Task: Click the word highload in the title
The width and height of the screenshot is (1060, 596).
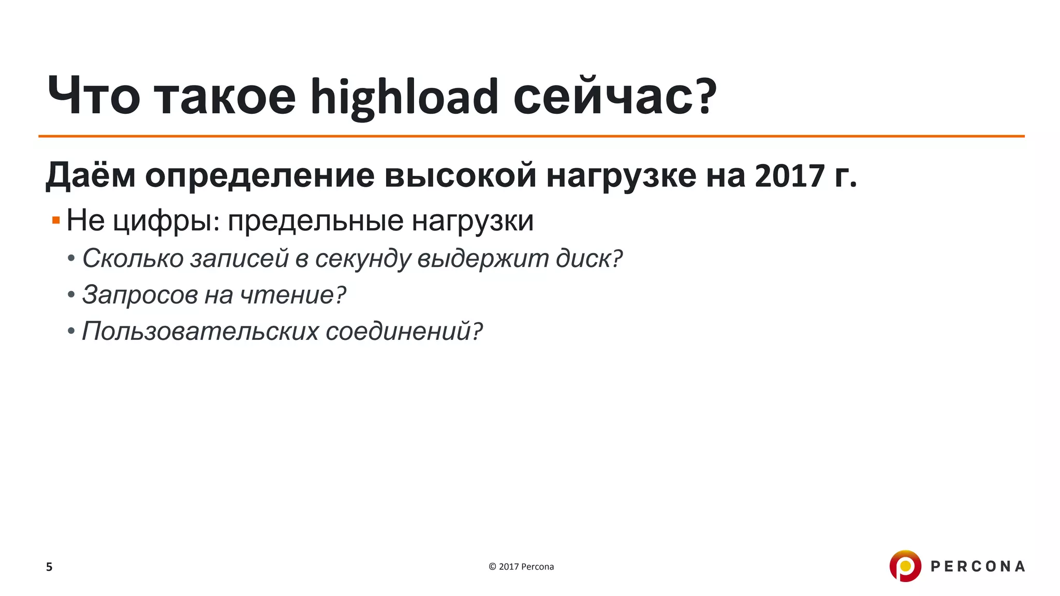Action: coord(404,97)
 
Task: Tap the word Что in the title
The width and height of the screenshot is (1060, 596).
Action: coord(94,97)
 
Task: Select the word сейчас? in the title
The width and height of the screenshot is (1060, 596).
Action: coord(615,97)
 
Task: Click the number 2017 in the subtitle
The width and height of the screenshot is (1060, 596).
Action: coord(789,176)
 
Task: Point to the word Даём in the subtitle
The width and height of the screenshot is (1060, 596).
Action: coord(91,176)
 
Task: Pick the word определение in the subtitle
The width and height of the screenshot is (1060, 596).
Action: coord(260,176)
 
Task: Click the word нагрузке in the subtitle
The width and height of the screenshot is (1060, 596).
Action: coord(621,176)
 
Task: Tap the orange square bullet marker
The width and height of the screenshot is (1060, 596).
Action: coord(56,221)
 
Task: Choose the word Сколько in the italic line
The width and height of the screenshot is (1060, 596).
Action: coord(133,258)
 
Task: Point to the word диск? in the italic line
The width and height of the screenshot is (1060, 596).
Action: coord(589,258)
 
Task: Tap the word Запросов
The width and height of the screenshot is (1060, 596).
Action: coord(140,295)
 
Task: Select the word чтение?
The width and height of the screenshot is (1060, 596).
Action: coord(293,295)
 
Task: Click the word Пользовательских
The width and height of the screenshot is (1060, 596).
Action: coord(200,331)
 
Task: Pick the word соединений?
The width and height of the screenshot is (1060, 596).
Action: coord(404,331)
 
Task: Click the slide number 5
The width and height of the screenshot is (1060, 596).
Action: coord(49,567)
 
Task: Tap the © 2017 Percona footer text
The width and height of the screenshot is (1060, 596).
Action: coord(521,567)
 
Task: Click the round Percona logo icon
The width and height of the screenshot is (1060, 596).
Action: coord(905,566)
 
